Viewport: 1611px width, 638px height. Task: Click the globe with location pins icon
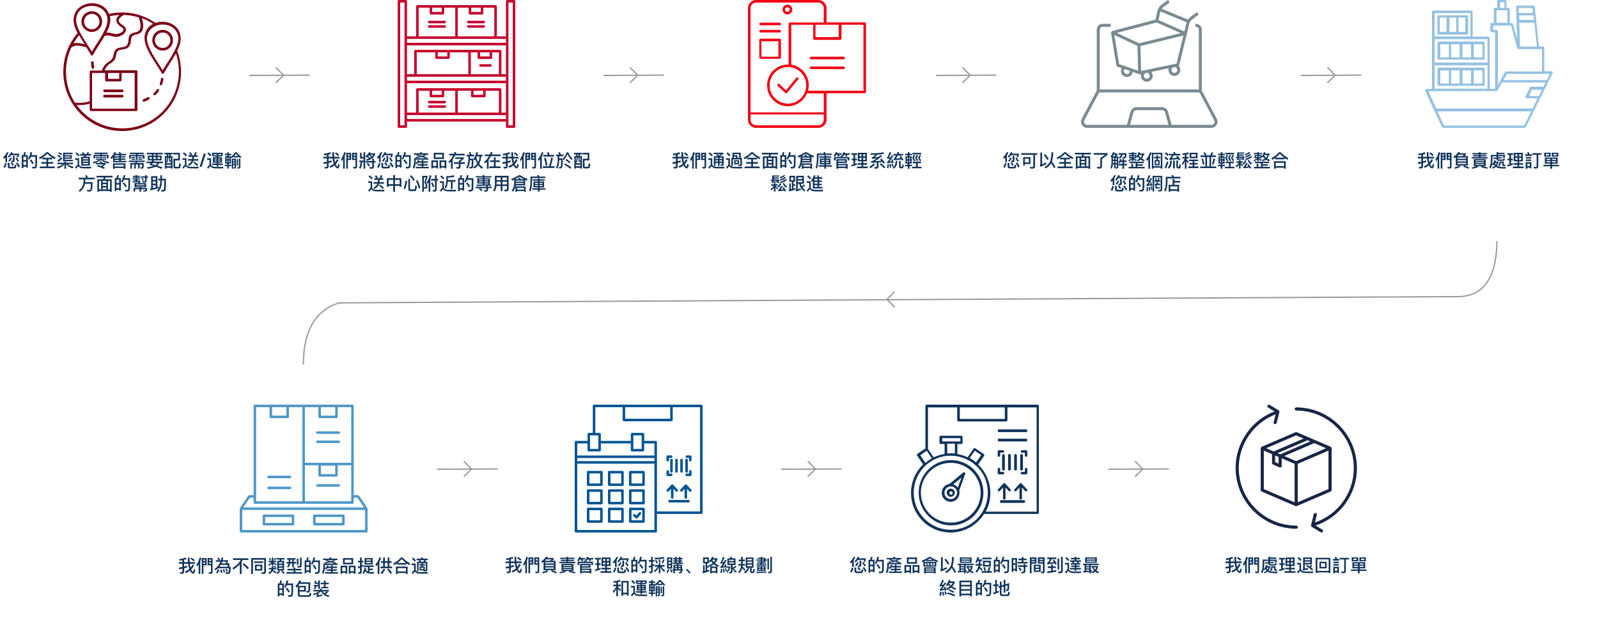tap(121, 67)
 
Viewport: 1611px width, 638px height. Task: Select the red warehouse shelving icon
tap(456, 64)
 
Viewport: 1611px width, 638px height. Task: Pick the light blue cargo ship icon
tap(1488, 67)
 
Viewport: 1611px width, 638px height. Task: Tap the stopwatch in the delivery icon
tap(951, 491)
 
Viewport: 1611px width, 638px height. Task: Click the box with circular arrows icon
tap(1296, 469)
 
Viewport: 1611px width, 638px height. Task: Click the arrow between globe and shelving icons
tap(279, 75)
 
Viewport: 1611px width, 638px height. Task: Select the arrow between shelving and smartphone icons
tap(634, 75)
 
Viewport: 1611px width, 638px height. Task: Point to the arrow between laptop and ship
tap(1331, 75)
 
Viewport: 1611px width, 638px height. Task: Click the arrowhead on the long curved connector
tap(891, 299)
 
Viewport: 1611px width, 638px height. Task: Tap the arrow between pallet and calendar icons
tap(467, 469)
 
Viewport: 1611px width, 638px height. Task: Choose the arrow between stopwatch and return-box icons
tap(1139, 469)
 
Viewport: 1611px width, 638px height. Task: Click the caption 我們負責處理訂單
tap(1488, 161)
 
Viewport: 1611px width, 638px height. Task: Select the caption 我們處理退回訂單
tap(1295, 566)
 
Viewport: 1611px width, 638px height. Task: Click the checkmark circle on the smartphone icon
tap(787, 85)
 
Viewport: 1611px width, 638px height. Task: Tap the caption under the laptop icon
tap(1145, 173)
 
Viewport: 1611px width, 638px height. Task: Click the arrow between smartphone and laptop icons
tap(966, 75)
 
